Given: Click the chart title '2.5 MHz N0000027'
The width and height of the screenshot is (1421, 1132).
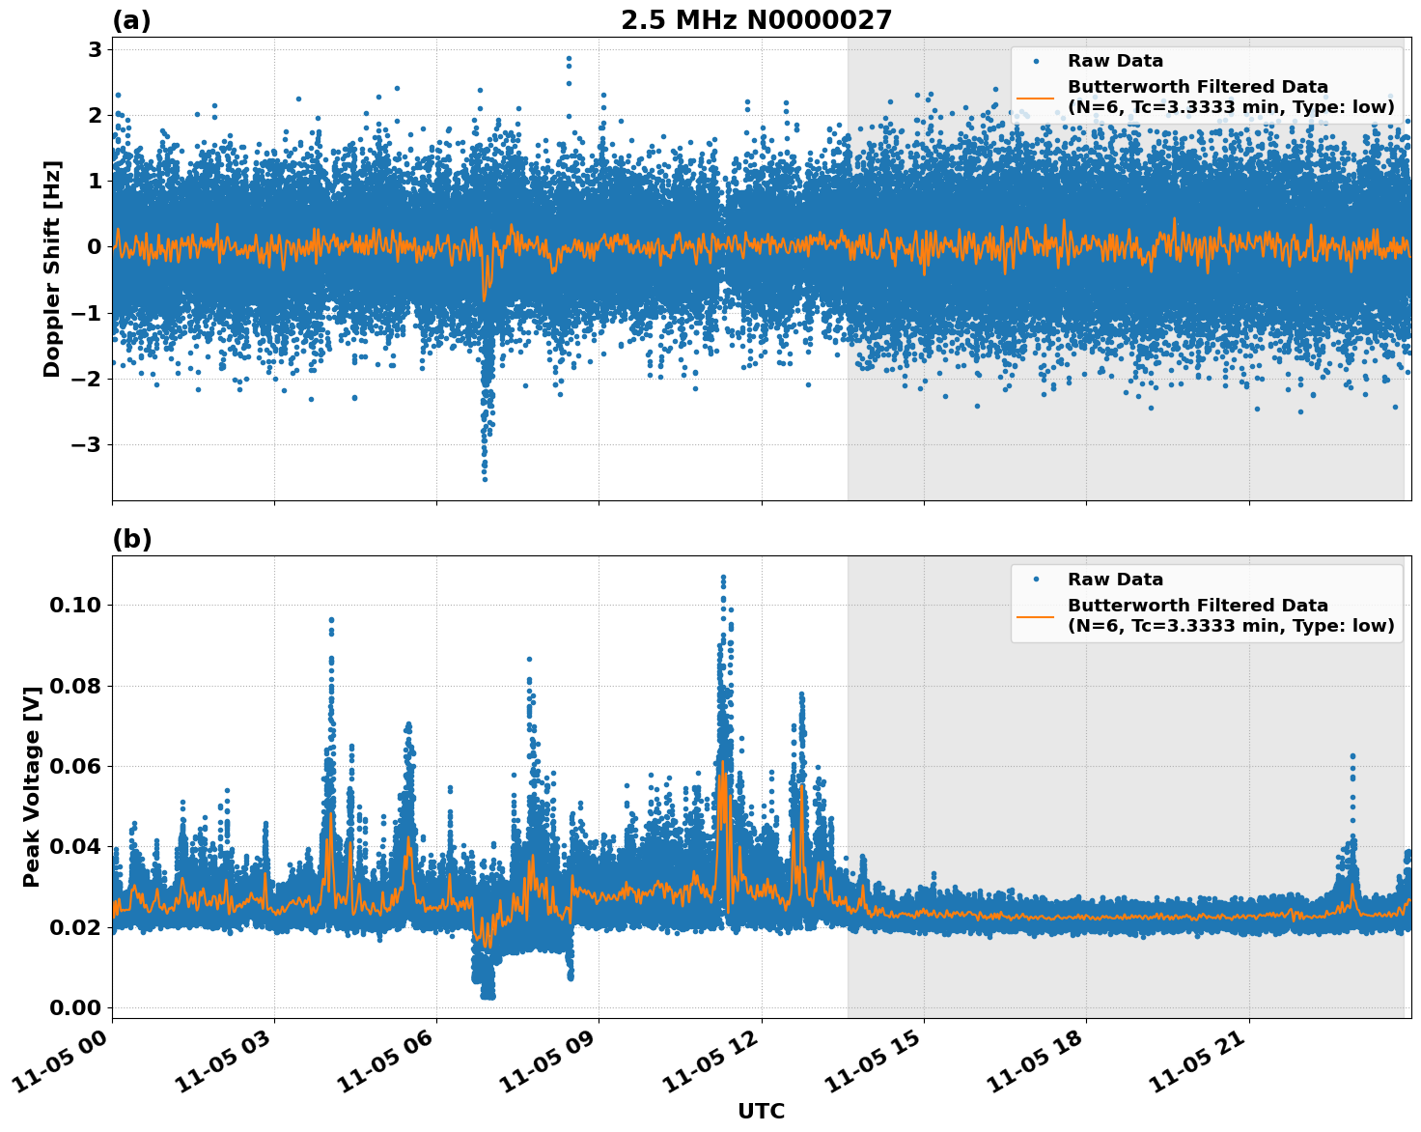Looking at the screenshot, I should [x=756, y=19].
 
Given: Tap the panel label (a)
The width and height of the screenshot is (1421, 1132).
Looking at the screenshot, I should [x=131, y=20].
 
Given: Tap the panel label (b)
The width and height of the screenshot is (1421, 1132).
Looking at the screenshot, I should [x=131, y=539].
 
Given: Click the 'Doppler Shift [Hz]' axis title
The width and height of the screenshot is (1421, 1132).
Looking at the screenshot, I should [x=52, y=269].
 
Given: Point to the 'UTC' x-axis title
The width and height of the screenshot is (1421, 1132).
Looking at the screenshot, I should [x=761, y=1111].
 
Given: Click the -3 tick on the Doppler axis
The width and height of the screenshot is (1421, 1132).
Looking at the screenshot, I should [x=88, y=444].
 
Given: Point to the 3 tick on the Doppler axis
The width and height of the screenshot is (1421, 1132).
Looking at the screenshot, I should [x=95, y=49].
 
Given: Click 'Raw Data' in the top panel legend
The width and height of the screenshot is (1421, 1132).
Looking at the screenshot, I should [x=1115, y=61].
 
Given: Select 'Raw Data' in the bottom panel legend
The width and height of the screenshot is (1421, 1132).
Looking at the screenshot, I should [x=1115, y=580].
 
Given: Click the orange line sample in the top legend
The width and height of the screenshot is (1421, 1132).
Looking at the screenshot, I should [x=1036, y=97].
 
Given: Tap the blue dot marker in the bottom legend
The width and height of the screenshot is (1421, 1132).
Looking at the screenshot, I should [x=1036, y=580].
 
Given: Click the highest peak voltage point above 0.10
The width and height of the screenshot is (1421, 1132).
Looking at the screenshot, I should [x=723, y=578].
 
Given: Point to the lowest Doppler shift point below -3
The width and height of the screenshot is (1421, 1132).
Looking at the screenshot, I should [x=485, y=479].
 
